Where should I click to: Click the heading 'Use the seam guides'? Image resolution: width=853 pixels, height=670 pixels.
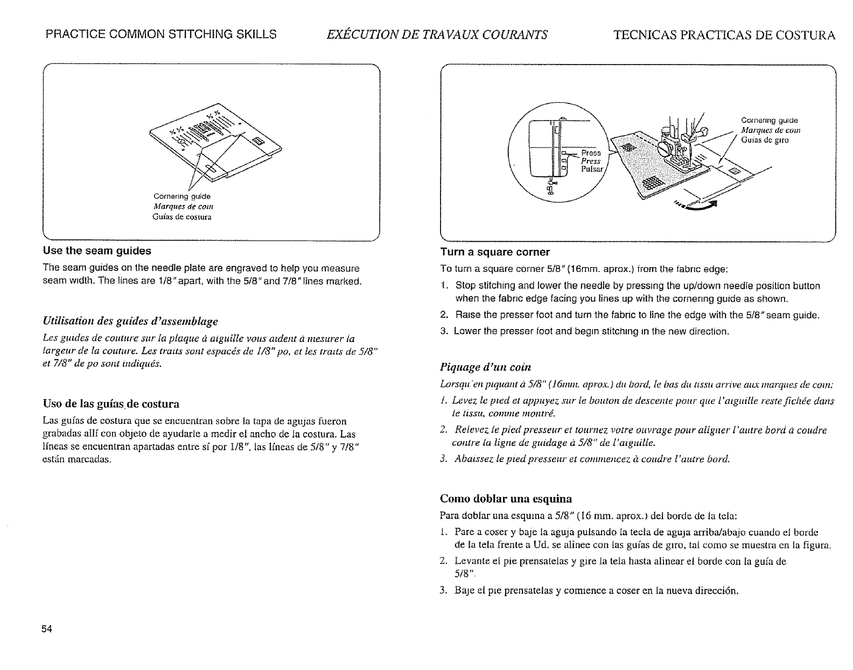click(97, 251)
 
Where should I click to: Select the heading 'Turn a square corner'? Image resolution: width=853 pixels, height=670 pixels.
click(495, 252)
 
